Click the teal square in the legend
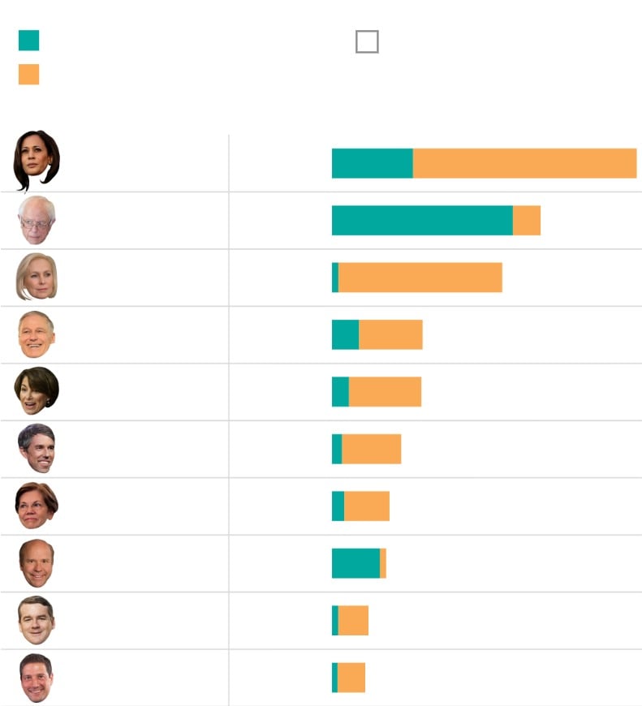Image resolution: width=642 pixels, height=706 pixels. tap(28, 41)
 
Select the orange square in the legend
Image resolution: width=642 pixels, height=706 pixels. tap(28, 75)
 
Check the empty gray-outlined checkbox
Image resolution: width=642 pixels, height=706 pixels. tap(367, 41)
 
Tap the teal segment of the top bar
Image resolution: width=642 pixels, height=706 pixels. tap(372, 163)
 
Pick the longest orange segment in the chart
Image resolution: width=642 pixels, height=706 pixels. tap(524, 163)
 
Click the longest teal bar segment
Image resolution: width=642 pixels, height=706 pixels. tap(422, 221)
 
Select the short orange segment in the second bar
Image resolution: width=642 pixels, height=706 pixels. tap(527, 221)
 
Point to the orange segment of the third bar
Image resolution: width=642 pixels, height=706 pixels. tap(420, 278)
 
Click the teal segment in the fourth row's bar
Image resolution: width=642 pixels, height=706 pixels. tap(345, 334)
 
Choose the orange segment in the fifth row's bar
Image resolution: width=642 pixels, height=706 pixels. tap(385, 392)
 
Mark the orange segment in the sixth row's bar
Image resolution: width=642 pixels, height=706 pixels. tap(371, 449)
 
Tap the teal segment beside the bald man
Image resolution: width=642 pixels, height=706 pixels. tap(355, 563)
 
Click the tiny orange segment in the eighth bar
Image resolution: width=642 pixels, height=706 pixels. tap(383, 563)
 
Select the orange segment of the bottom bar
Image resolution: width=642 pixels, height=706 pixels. tap(351, 678)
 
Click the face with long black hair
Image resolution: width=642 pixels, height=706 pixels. tap(37, 159)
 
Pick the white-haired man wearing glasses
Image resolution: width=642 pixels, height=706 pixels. tap(37, 220)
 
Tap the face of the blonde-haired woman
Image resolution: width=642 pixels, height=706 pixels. tap(37, 277)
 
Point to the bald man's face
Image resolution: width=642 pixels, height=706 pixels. tap(37, 563)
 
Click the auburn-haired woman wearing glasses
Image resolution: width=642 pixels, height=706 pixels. tap(37, 506)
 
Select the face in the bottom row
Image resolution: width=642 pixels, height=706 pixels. tap(37, 678)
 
